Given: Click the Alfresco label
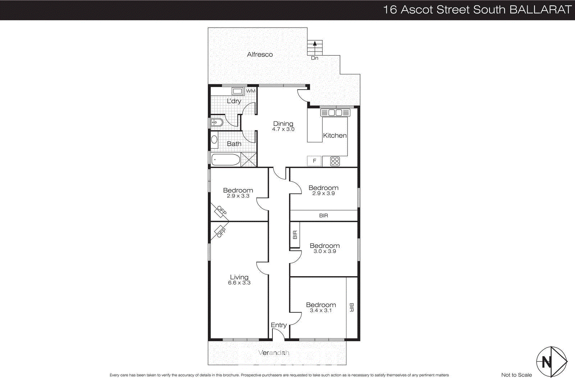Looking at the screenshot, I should tap(260, 54).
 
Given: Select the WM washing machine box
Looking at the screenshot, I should tap(250, 91).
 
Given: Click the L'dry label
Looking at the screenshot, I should tap(234, 101).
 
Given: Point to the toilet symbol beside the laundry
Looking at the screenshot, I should tap(217, 122).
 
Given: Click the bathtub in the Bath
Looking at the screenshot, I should tap(226, 160).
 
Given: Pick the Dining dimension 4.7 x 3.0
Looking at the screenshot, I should tap(283, 129).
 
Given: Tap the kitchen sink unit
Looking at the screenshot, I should tap(335, 113).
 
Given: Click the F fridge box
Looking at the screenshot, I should tap(314, 161).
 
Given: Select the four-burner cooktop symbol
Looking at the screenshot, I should tap(335, 161).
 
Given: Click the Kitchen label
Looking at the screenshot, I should tap(335, 135).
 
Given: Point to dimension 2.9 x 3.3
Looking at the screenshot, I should tap(238, 196).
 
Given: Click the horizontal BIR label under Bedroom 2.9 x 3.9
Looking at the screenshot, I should tap(323, 215).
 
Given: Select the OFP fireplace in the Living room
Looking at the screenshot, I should tap(219, 231).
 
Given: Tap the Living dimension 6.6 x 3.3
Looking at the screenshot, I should tap(239, 283).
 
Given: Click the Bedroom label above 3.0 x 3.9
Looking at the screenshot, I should tap(325, 246).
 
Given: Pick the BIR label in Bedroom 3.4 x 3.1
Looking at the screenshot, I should tap(351, 307).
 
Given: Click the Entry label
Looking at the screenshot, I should tap(279, 325).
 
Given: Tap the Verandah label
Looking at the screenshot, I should tap(274, 353).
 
